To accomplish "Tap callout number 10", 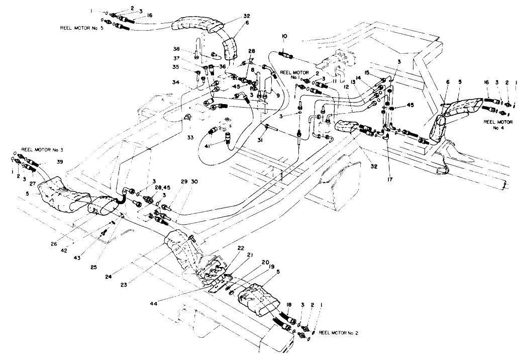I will pyautogui.click(x=284, y=36).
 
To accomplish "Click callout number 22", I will pyautogui.click(x=241, y=248).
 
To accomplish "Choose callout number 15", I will pyautogui.click(x=367, y=73).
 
